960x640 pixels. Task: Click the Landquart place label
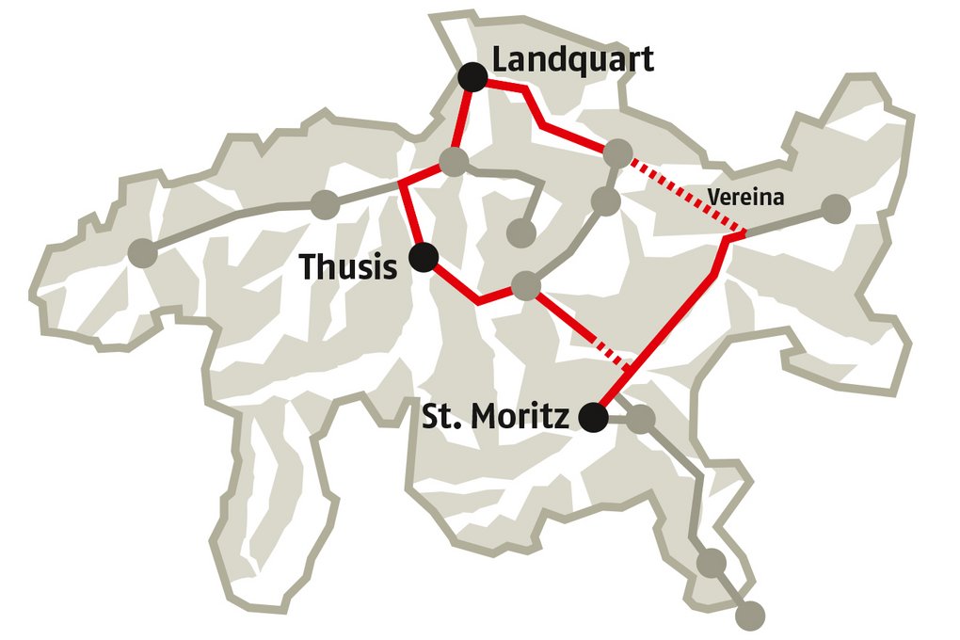coord(572,59)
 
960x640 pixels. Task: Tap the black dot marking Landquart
coord(472,77)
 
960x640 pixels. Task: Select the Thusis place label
coord(347,266)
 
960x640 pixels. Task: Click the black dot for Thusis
coord(424,256)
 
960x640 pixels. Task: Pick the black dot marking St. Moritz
coord(593,417)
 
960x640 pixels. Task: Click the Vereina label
coord(745,198)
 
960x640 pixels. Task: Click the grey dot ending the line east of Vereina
coord(835,208)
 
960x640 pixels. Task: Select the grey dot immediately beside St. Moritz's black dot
coord(641,420)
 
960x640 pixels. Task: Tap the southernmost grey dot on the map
coord(749,616)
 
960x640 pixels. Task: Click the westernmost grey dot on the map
coord(142,252)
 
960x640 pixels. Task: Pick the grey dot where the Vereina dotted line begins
coord(617,152)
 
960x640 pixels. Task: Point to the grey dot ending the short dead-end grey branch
coord(520,232)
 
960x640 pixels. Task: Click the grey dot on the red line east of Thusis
coord(527,286)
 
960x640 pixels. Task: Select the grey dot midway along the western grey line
coord(325,203)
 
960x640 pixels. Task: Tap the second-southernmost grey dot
coord(711,563)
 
